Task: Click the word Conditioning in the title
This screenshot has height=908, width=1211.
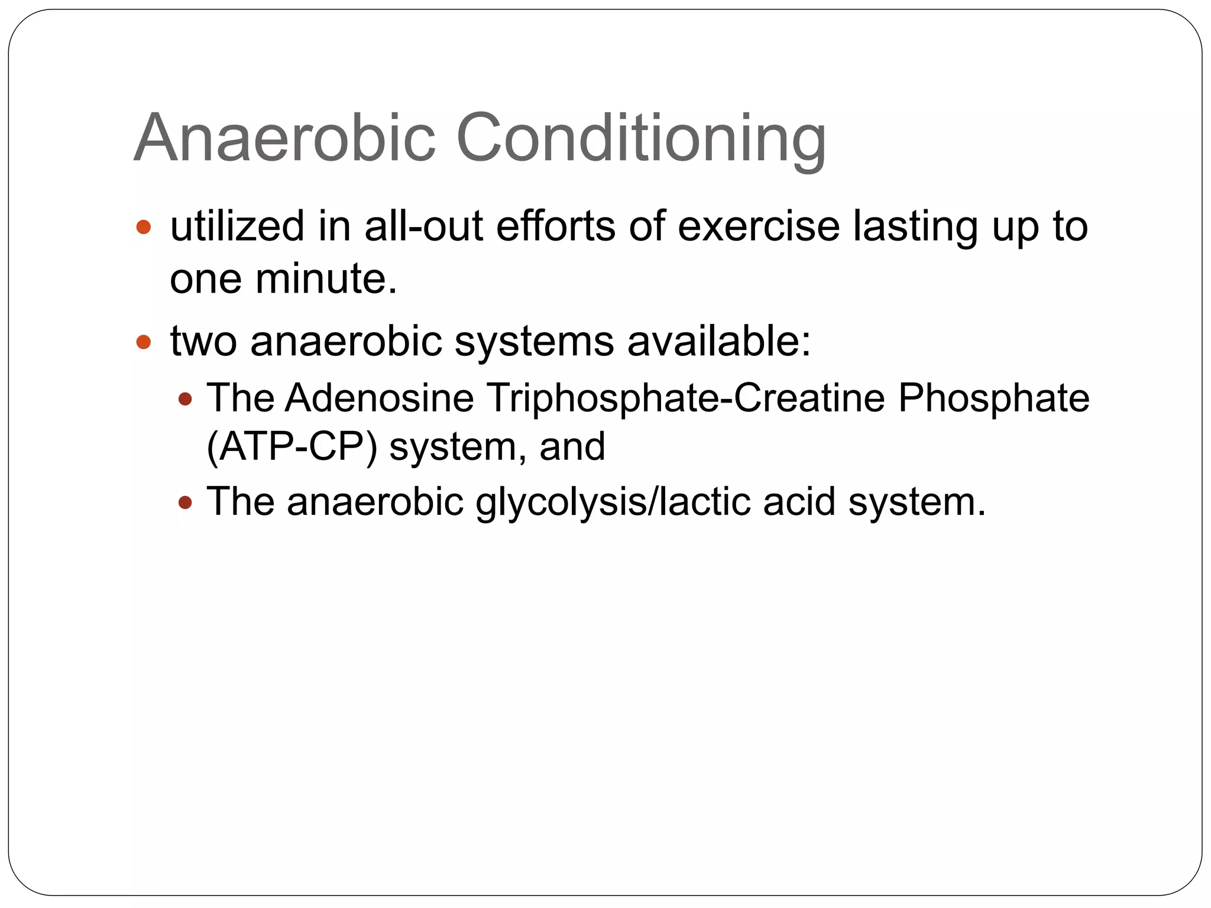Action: click(641, 139)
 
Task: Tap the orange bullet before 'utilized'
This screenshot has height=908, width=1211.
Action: click(144, 227)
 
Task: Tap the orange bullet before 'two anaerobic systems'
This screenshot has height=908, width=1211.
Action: click(144, 342)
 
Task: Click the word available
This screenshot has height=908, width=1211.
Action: click(718, 341)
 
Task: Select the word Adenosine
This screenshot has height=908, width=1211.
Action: click(379, 398)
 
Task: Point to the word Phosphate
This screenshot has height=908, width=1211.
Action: click(993, 398)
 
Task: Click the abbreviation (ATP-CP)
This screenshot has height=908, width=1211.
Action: click(292, 446)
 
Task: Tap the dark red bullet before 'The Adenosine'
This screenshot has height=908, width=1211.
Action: click(185, 400)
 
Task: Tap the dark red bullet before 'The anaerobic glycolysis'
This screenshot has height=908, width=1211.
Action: click(185, 503)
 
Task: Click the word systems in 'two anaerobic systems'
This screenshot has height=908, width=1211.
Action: click(534, 341)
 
